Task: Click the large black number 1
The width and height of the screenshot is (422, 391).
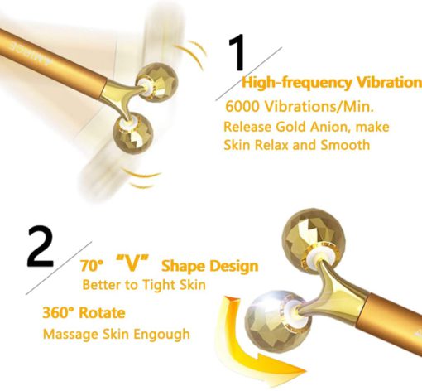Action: tap(237, 52)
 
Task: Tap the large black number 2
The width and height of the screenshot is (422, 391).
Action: tap(41, 247)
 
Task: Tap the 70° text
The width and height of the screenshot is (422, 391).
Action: tap(92, 266)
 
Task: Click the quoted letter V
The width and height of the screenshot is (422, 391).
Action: tap(132, 263)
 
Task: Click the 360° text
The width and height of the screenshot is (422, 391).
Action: tap(59, 313)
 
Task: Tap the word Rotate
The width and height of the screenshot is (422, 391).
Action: tap(102, 313)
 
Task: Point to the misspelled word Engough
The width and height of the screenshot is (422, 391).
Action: tap(162, 335)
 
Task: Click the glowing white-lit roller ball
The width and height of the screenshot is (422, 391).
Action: tap(278, 321)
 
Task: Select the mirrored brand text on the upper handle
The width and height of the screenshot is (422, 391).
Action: tap(31, 54)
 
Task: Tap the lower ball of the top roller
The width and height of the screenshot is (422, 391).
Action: tap(133, 133)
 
